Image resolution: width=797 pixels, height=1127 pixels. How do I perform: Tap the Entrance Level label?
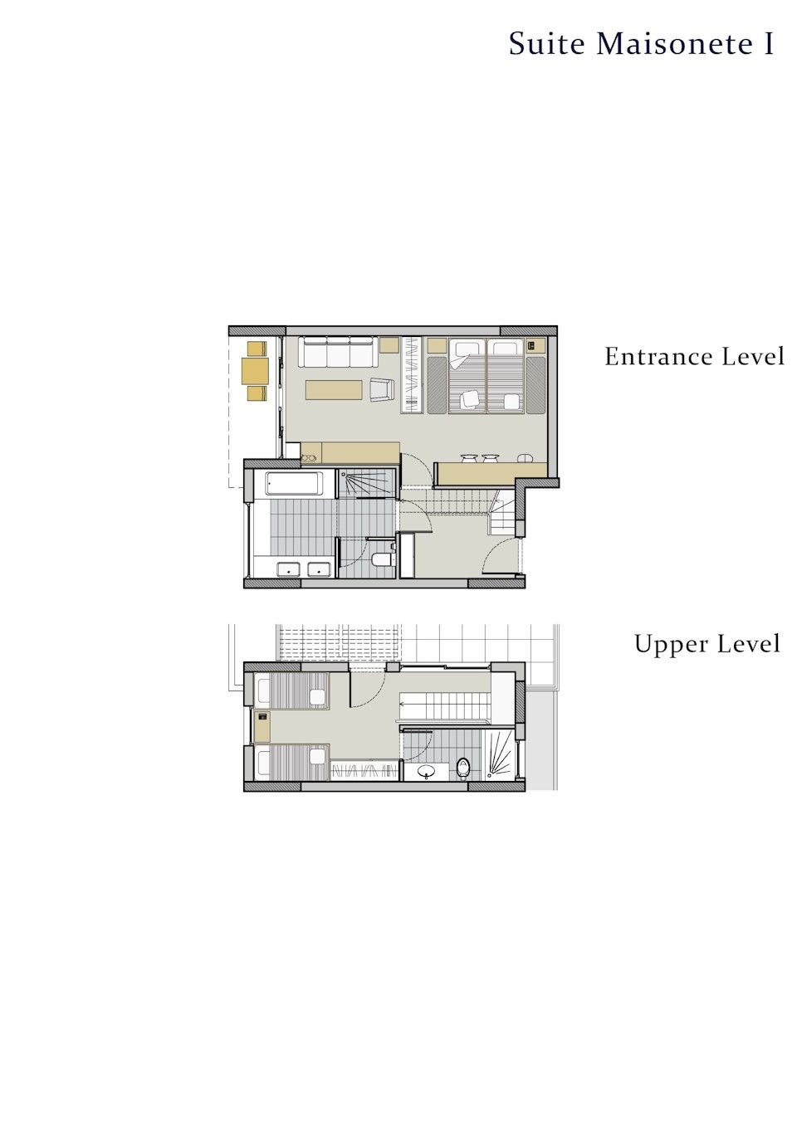(694, 357)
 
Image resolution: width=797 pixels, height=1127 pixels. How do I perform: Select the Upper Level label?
(707, 644)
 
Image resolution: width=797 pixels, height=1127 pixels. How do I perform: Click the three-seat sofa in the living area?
(338, 352)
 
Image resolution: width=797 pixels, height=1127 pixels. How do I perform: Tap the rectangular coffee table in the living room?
(334, 390)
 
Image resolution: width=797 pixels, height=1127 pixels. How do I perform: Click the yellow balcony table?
(256, 370)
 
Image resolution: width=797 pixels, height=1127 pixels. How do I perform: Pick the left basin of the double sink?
(288, 570)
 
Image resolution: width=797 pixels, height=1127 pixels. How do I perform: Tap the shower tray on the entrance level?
(366, 483)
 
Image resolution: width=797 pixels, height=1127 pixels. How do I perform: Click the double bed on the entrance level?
(487, 376)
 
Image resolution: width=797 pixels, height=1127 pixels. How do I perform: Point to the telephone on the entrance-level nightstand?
(531, 345)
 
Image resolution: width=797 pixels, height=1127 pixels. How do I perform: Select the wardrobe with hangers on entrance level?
(412, 375)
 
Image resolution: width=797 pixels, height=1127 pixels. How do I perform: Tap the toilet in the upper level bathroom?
(463, 768)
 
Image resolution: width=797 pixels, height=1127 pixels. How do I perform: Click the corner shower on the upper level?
(500, 754)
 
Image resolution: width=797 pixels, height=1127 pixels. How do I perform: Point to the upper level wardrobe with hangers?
(364, 770)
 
